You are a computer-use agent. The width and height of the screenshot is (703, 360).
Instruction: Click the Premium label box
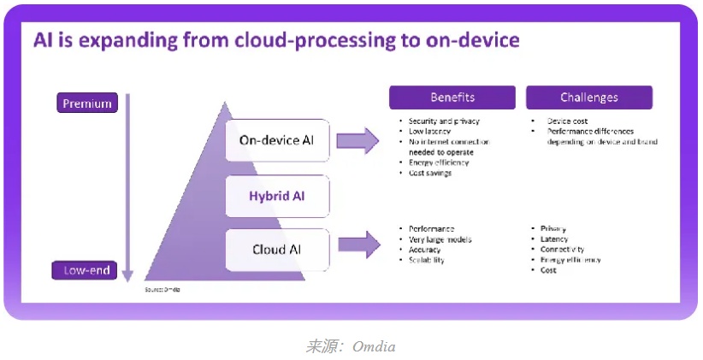coord(86,103)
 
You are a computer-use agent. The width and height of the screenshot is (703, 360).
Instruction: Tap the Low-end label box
coord(86,270)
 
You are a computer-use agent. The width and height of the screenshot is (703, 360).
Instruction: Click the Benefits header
coord(452,97)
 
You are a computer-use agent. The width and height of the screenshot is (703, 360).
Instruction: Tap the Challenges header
coord(589,97)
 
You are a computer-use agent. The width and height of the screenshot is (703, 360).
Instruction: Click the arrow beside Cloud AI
coord(357,245)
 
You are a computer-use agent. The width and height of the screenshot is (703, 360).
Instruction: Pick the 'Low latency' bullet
coord(428,132)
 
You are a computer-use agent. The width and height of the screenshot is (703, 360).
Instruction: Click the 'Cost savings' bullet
coord(430,173)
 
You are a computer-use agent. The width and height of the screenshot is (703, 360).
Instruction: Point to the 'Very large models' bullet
coord(440,239)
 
